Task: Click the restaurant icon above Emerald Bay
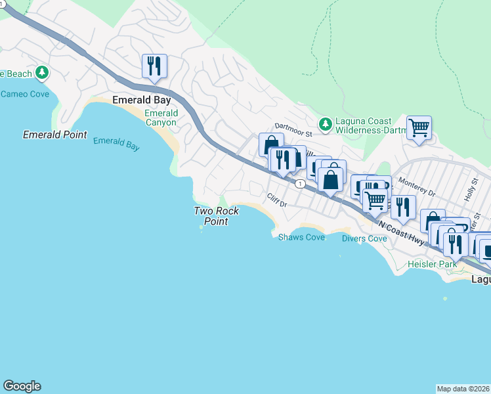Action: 154,66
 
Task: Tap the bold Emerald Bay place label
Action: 142,100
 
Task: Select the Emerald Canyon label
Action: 160,118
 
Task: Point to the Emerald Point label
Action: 54,135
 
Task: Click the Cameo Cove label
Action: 25,94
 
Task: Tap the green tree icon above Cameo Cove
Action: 43,72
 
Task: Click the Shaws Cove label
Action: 301,237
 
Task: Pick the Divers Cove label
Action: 364,238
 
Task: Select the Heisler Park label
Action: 431,263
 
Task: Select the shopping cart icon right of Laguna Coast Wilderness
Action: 419,127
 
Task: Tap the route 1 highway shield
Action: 299,184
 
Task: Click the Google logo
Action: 22,386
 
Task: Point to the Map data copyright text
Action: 463,389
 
